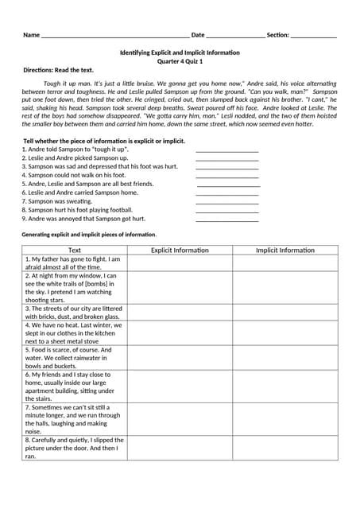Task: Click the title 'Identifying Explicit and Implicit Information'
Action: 180,52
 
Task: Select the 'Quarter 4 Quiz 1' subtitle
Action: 180,61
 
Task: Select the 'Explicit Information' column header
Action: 180,250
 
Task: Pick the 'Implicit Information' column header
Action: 285,250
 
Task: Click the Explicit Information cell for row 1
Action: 180,263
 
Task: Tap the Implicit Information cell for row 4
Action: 285,332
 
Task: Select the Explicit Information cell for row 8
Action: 180,448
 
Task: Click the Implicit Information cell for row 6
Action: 285,386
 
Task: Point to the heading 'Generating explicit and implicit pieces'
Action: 88,235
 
